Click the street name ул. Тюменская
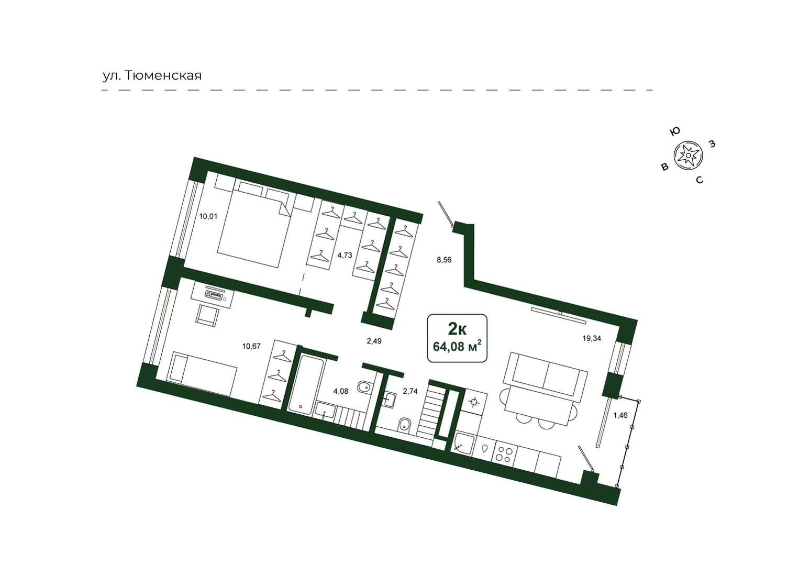point(152,75)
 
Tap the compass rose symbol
point(688,156)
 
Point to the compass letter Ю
point(674,131)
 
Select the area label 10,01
point(208,216)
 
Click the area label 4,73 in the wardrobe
point(345,255)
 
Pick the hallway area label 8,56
point(444,260)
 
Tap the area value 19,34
point(592,338)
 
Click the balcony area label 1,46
point(620,415)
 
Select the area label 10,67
point(251,346)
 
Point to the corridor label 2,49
point(374,341)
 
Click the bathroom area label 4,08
point(341,391)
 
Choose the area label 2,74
point(410,391)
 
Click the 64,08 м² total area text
point(457,346)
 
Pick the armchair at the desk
point(207,315)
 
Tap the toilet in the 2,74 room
point(404,425)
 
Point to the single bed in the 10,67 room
point(202,373)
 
